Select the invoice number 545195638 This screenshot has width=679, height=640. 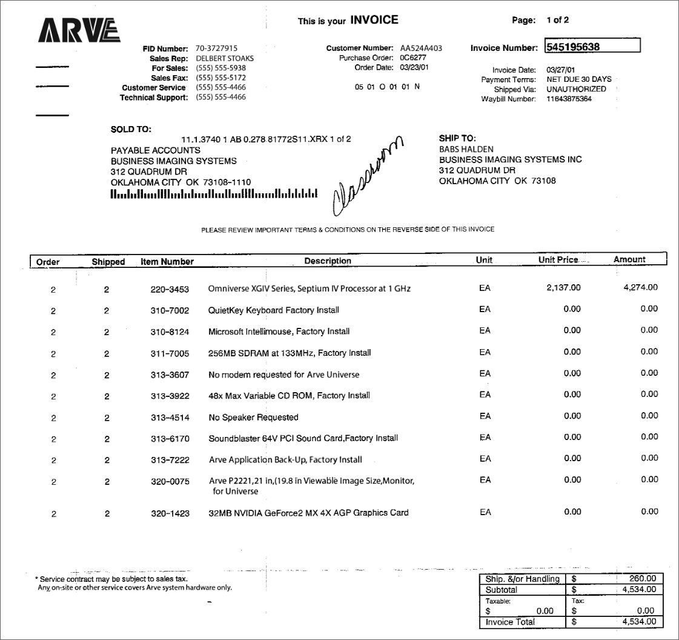[x=573, y=47]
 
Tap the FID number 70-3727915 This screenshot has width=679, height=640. [x=216, y=48]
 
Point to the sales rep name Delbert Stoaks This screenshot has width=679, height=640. [x=225, y=58]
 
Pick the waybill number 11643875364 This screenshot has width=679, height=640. [x=569, y=99]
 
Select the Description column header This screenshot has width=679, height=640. [x=328, y=261]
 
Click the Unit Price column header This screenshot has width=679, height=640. [x=558, y=259]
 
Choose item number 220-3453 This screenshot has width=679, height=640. [x=170, y=288]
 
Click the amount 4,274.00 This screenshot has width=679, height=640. [x=640, y=287]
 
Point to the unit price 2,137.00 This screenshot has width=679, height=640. [x=563, y=287]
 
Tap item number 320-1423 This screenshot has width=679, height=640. [x=170, y=513]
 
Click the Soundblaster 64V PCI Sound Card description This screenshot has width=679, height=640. [x=303, y=438]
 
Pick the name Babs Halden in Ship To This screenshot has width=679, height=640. [x=466, y=149]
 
